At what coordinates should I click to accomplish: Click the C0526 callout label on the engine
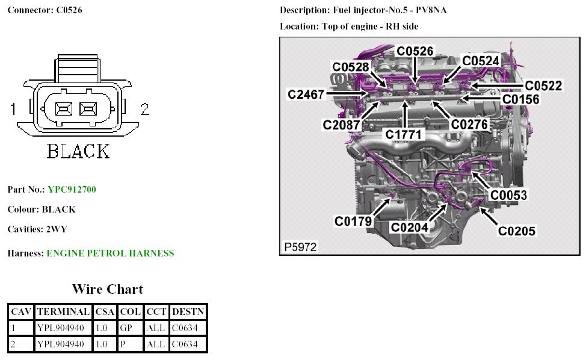[415, 52]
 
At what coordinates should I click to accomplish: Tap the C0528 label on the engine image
[351, 67]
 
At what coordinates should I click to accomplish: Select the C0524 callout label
[480, 60]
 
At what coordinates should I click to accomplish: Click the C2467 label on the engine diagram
[306, 95]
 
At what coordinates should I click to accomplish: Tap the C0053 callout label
[508, 195]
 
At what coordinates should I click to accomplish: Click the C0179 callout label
[353, 222]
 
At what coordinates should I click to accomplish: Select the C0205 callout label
[516, 231]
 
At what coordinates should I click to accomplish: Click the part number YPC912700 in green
[72, 190]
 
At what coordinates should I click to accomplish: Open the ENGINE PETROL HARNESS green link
[110, 253]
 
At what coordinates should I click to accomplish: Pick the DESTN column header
[188, 312]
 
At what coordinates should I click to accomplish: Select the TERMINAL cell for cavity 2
[64, 344]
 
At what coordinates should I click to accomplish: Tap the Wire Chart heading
[108, 289]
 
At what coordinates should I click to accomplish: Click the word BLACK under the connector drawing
[78, 151]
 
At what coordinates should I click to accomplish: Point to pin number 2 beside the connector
[144, 109]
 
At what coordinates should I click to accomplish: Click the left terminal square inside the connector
[63, 109]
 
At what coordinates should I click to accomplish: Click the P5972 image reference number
[300, 247]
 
